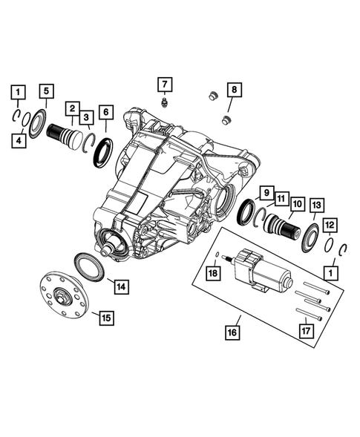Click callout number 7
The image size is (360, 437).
(x=163, y=83)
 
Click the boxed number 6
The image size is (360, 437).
(x=107, y=113)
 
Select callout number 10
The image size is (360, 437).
(x=296, y=203)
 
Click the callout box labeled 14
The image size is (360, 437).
(x=119, y=284)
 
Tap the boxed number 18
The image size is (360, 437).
(x=214, y=275)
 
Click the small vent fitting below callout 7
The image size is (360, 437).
(x=163, y=102)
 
